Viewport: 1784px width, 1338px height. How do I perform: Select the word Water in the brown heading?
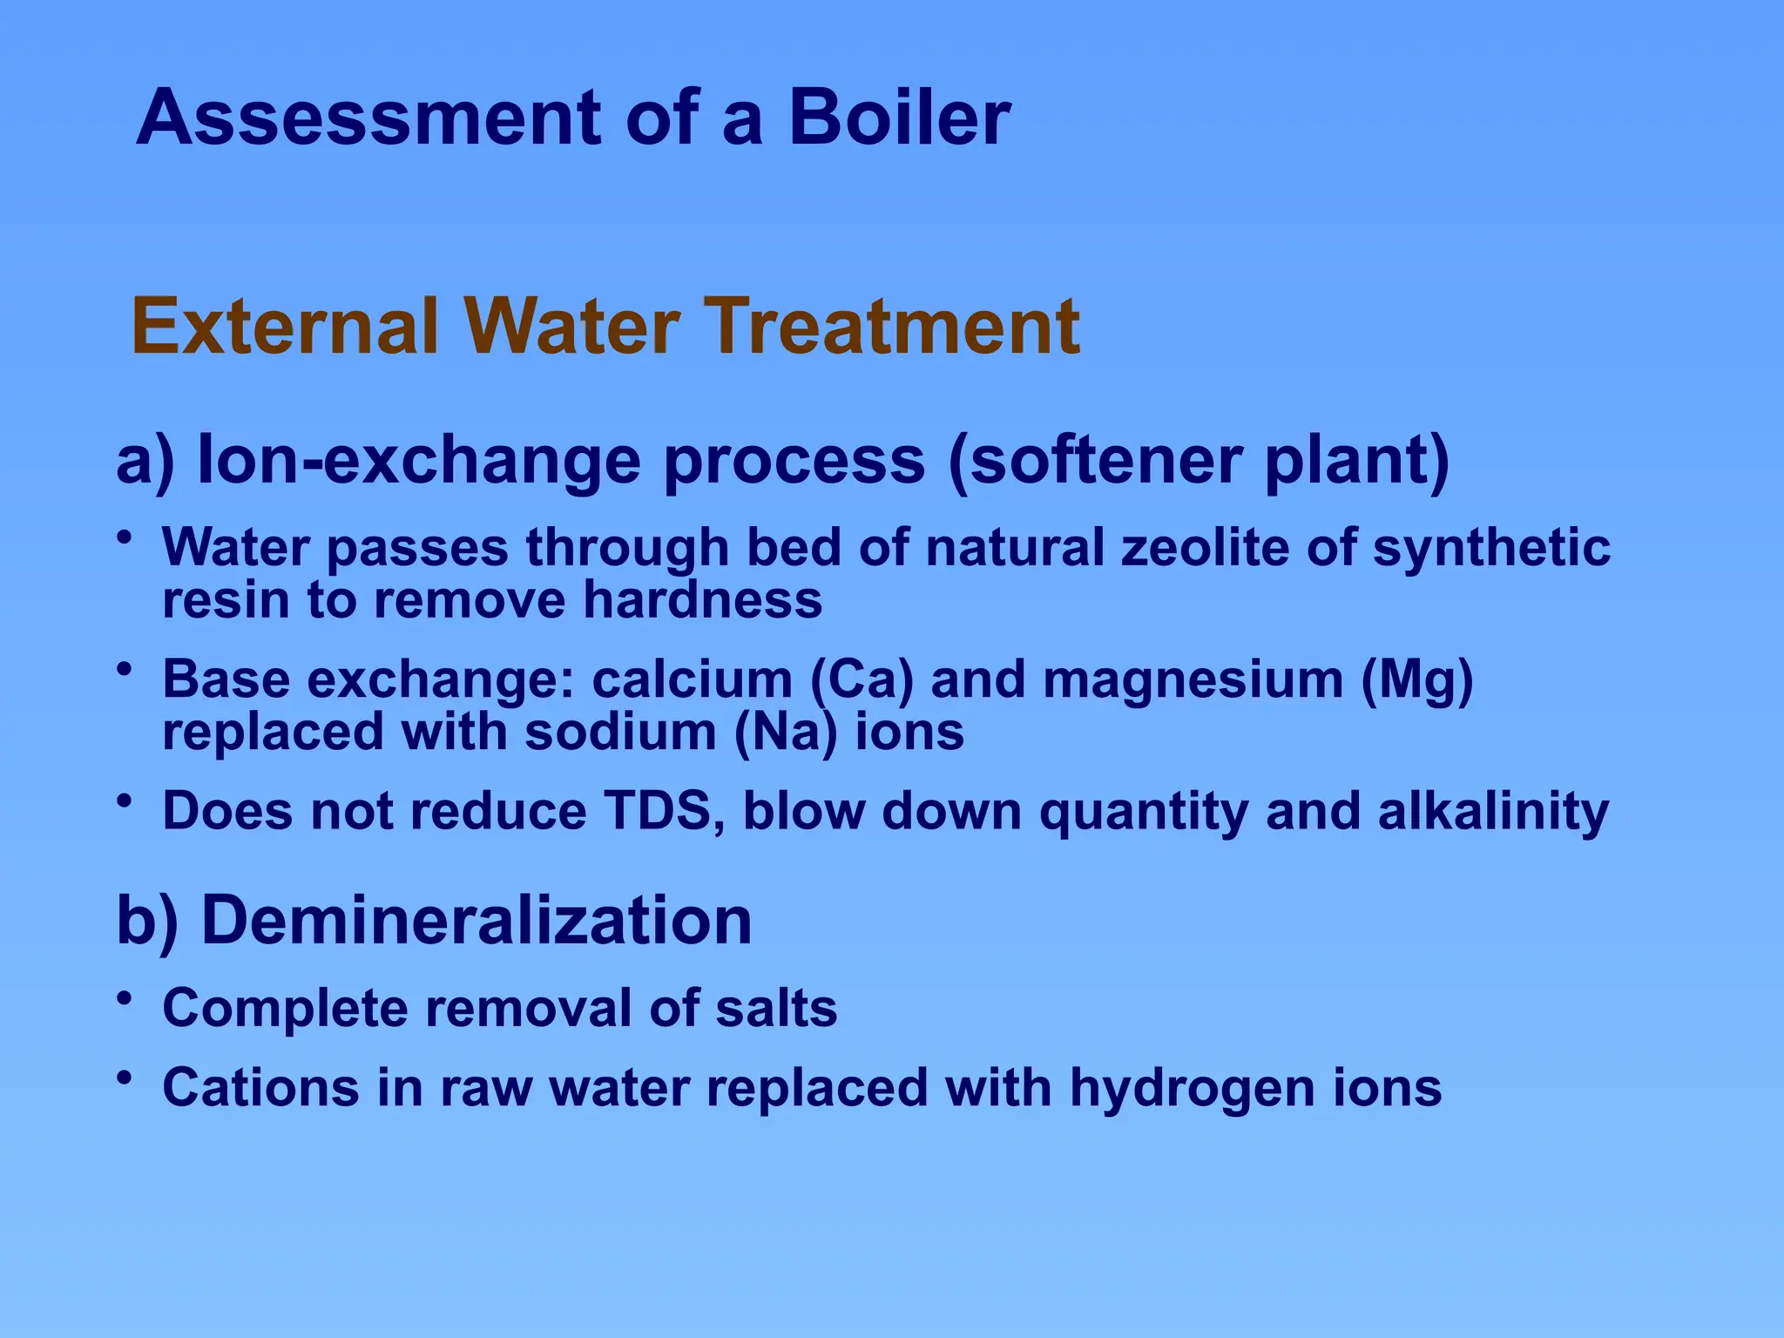(571, 327)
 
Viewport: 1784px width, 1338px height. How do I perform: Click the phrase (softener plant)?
(1199, 460)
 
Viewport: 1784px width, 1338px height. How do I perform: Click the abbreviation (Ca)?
(862, 679)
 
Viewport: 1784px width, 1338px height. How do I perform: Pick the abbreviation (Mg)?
(1417, 679)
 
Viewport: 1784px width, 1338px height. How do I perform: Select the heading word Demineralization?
(476, 921)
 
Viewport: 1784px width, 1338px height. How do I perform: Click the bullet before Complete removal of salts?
(125, 998)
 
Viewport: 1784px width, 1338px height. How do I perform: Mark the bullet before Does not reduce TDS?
(125, 801)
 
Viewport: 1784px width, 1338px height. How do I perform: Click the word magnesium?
(1193, 679)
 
